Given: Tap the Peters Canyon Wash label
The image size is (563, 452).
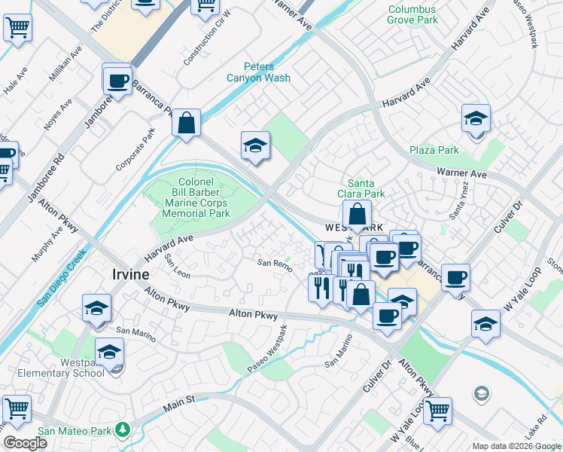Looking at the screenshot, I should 258,72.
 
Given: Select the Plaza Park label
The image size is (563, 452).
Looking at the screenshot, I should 434,150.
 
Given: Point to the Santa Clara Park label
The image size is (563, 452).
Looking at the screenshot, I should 367,188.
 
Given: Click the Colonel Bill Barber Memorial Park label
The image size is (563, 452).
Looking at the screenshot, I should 196,197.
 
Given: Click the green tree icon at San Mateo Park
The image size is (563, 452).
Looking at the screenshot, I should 123,430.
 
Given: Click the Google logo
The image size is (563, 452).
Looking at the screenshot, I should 24,442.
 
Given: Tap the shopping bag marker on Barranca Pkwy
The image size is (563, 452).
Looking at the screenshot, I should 186,122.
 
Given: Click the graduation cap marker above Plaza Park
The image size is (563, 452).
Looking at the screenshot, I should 476,119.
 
